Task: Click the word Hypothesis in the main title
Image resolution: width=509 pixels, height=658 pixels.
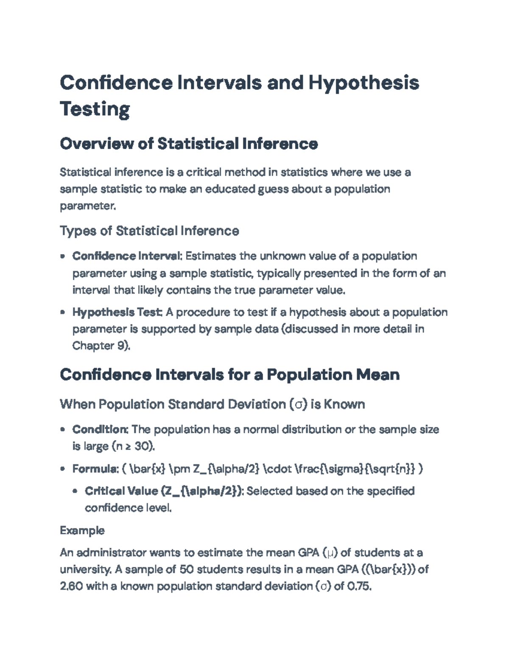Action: [x=364, y=83]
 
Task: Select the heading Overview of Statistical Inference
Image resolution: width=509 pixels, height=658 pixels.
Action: [x=189, y=144]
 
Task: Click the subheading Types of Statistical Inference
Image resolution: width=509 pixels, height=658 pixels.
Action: [x=149, y=231]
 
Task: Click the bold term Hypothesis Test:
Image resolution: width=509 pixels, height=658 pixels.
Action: [x=117, y=312]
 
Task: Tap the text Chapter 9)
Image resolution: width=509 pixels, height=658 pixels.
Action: [x=101, y=346]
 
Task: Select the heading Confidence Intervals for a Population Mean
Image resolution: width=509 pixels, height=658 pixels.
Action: [x=229, y=375]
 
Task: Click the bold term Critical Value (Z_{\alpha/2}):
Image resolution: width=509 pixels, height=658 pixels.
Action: [x=164, y=491]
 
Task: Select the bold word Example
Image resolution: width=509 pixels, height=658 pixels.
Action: [x=82, y=530]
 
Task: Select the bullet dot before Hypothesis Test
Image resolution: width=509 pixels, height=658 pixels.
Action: [x=63, y=313]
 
